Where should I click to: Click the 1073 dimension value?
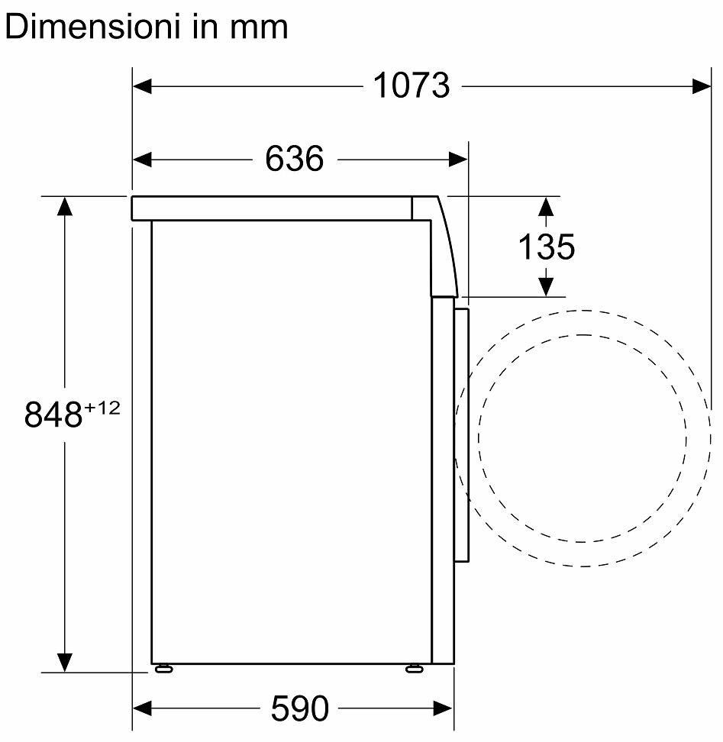[412, 85]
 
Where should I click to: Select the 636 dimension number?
[294, 159]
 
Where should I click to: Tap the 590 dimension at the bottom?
[299, 708]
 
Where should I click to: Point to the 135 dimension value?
[547, 247]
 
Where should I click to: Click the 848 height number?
[53, 415]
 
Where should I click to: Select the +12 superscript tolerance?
[102, 408]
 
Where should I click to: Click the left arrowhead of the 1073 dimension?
[142, 86]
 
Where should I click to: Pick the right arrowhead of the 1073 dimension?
[701, 86]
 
